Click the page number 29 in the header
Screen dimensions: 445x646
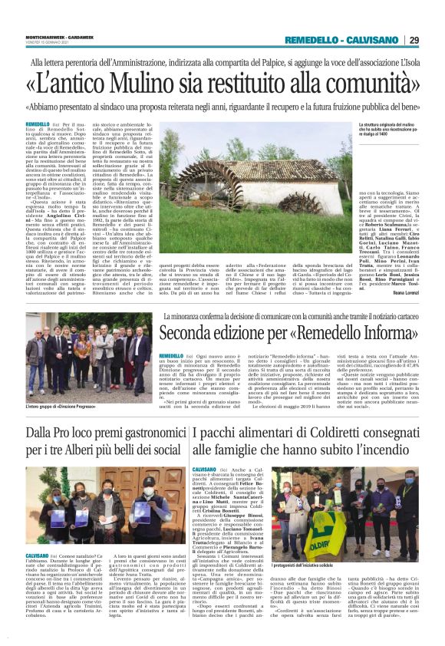click(414, 40)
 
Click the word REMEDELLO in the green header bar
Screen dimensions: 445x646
click(313, 40)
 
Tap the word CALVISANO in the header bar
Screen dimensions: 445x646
click(373, 40)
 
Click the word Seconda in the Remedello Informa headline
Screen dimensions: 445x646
click(193, 335)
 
